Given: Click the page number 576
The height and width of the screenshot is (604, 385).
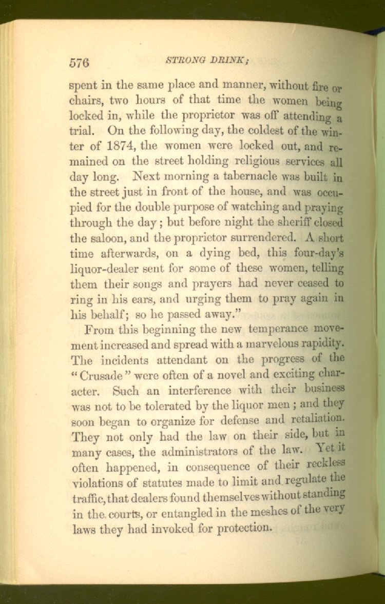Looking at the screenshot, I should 80,63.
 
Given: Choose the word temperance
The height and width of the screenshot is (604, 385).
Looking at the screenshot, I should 274,328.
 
